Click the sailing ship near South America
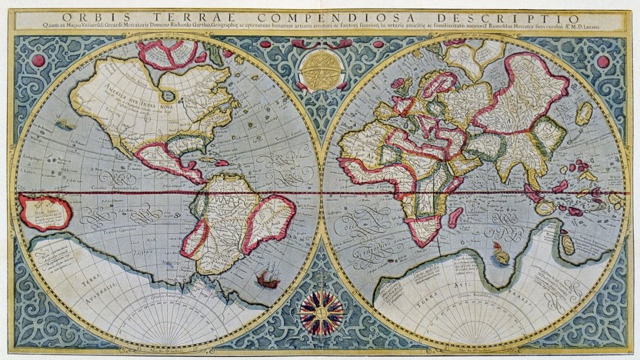coord(268,278)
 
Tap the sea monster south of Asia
coord(501,256)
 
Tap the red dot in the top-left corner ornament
coord(38,60)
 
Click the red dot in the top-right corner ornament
coord(603,62)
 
